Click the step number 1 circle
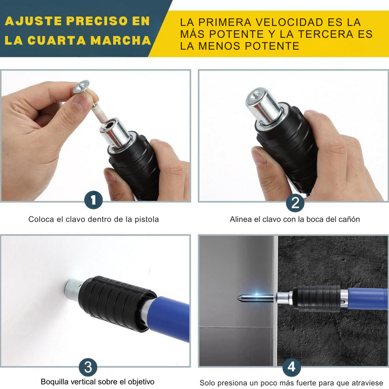[93, 200]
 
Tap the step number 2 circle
[295, 202]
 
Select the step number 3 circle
[88, 367]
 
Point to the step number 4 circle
[291, 367]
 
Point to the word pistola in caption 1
[147, 219]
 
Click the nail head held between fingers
[81, 87]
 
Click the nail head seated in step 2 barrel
[256, 95]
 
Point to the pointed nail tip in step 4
[238, 298]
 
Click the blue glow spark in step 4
[257, 295]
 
